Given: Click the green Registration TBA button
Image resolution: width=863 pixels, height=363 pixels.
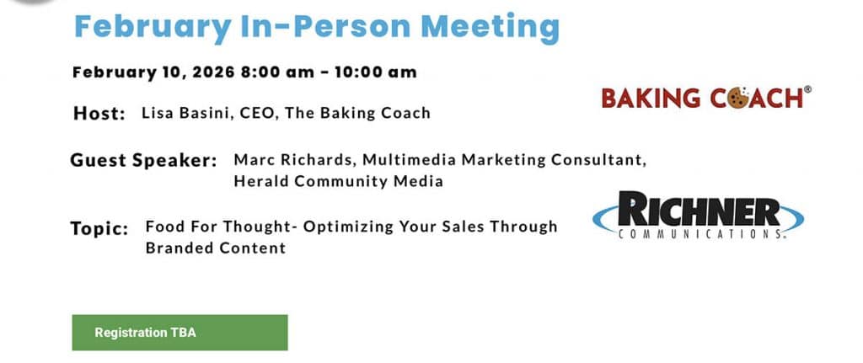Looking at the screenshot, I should coord(180,333).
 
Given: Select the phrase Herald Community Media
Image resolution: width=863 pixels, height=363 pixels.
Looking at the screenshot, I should coord(339,181).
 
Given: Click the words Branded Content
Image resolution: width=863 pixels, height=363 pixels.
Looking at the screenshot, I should coord(216,248).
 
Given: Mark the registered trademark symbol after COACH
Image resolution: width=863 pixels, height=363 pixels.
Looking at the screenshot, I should coord(807,89).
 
